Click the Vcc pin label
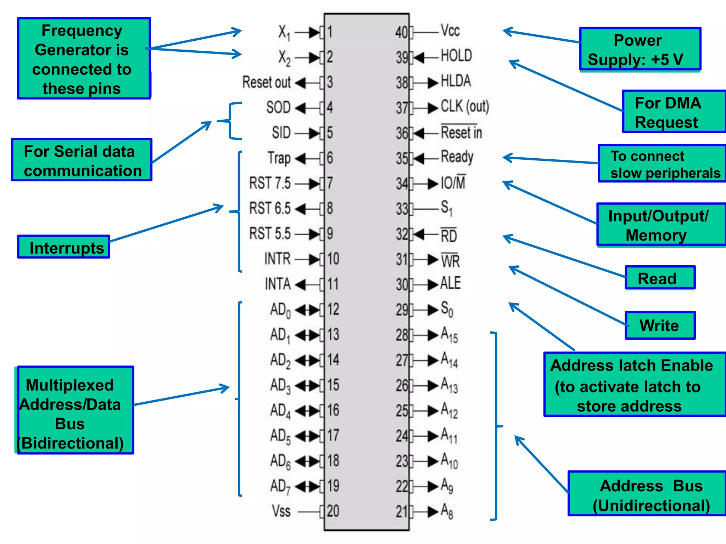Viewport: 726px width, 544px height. [x=450, y=31]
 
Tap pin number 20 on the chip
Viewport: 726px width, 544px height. [x=333, y=511]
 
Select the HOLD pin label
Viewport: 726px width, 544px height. [x=456, y=56]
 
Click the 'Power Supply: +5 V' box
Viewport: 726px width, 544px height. [x=640, y=49]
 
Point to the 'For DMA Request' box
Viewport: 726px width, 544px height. [x=674, y=112]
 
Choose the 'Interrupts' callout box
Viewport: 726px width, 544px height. [x=64, y=247]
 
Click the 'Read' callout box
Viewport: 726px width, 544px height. [x=660, y=278]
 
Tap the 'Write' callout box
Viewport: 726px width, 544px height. [x=660, y=325]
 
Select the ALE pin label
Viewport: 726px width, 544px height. [x=450, y=283]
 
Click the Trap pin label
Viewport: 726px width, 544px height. [x=279, y=158]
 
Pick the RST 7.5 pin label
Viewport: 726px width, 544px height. [x=270, y=183]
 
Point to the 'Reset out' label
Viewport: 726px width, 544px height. [x=266, y=82]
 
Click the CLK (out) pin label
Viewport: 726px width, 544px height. [x=464, y=107]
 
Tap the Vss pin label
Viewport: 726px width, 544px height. [x=281, y=511]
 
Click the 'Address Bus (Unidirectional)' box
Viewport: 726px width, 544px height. [x=647, y=493]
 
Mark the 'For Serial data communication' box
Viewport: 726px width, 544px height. [x=82, y=160]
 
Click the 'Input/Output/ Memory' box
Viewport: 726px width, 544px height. [x=661, y=225]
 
